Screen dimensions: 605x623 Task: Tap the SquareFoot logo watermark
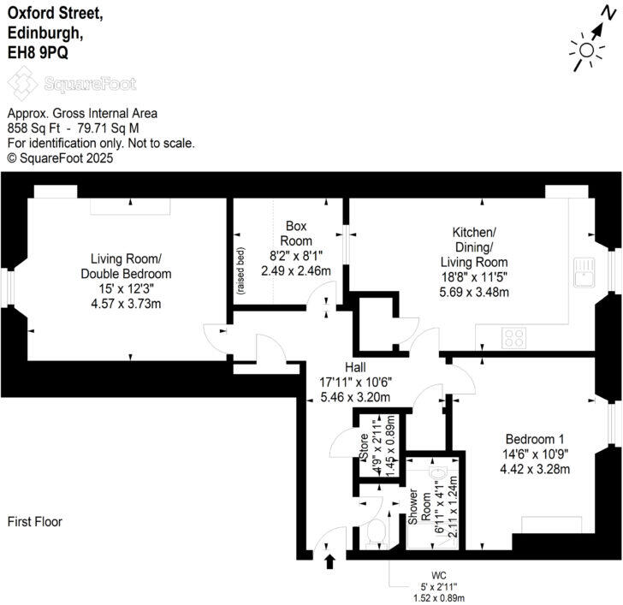(x=72, y=84)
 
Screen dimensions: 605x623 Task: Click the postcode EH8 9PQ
(x=39, y=52)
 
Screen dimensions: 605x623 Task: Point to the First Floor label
(x=35, y=521)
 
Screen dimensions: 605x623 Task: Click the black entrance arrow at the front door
(x=330, y=561)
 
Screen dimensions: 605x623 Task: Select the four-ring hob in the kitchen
(x=514, y=337)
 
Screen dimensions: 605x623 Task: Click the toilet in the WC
(x=374, y=534)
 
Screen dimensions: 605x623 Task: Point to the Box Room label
(x=296, y=233)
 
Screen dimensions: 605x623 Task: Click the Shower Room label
(x=412, y=509)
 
